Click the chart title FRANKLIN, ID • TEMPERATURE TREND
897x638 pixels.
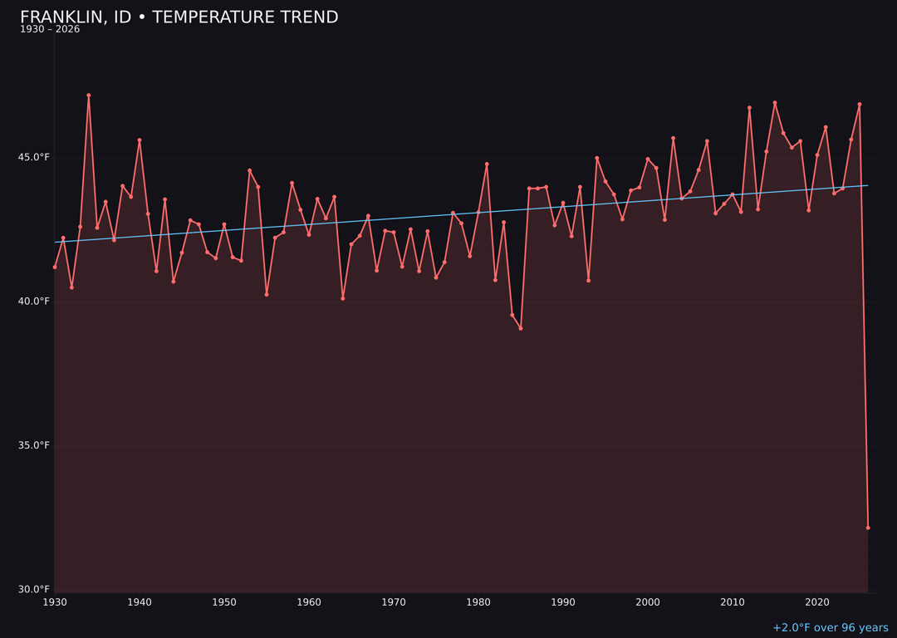(179, 17)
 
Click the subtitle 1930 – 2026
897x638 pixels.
(50, 30)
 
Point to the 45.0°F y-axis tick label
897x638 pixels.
(34, 158)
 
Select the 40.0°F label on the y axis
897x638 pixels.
(34, 302)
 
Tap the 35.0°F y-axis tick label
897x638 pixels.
(34, 445)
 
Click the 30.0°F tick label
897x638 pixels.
(34, 589)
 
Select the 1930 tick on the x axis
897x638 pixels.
(55, 602)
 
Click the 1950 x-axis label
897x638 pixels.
(224, 602)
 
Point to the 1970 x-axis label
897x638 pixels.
(394, 602)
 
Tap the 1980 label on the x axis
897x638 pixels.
(478, 602)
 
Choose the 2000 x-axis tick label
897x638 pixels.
(648, 602)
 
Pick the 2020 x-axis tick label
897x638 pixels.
(817, 602)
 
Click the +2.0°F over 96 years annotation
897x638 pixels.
(830, 628)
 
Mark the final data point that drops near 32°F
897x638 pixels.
(868, 528)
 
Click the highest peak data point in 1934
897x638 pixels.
(89, 96)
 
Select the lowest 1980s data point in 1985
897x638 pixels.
(521, 328)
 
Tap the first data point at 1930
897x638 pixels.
(55, 267)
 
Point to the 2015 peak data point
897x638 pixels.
(775, 103)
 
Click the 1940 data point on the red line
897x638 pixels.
(140, 140)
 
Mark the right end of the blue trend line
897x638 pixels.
(868, 185)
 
